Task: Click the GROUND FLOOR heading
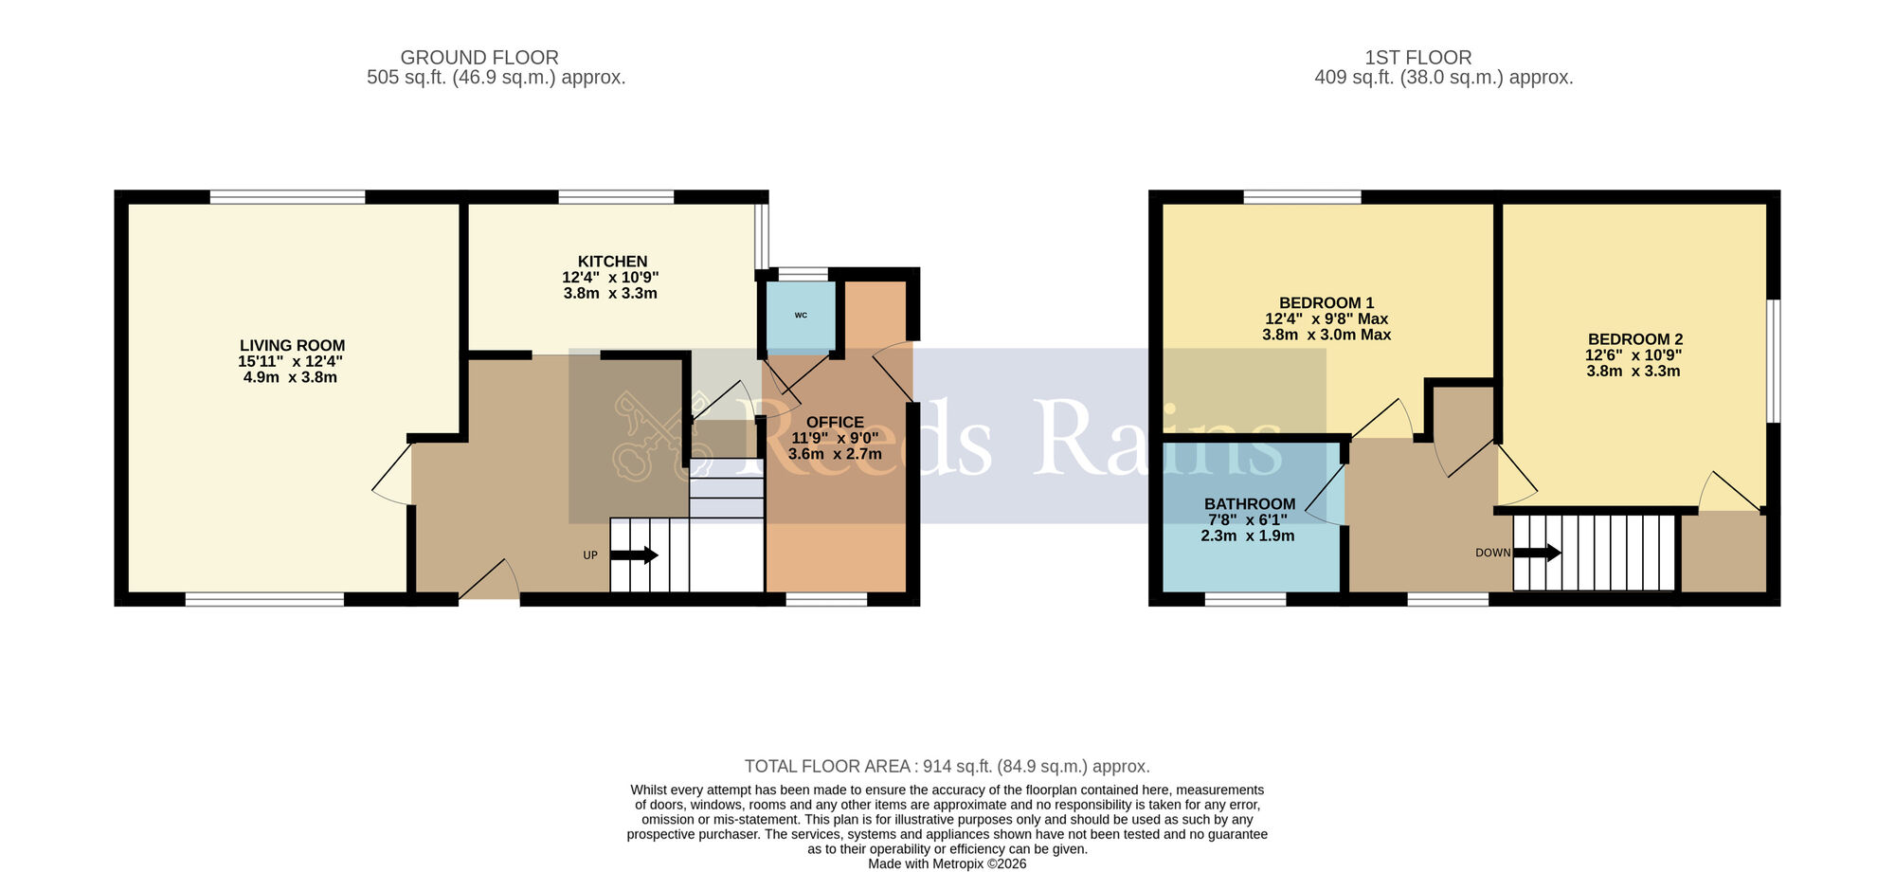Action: (478, 58)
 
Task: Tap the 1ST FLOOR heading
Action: (1417, 58)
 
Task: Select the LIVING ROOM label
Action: (292, 346)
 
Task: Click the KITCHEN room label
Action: (612, 262)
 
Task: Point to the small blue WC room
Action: (800, 315)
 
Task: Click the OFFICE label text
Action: (834, 423)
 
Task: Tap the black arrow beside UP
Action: (634, 555)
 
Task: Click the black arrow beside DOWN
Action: (1537, 553)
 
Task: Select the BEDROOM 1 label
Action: (1326, 303)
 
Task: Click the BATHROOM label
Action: (1249, 504)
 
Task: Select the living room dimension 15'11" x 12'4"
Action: (290, 362)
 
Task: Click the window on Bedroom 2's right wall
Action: (1774, 361)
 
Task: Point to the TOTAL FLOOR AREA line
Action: (947, 766)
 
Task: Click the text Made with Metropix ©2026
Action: (947, 863)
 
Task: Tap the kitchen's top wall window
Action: (616, 197)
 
